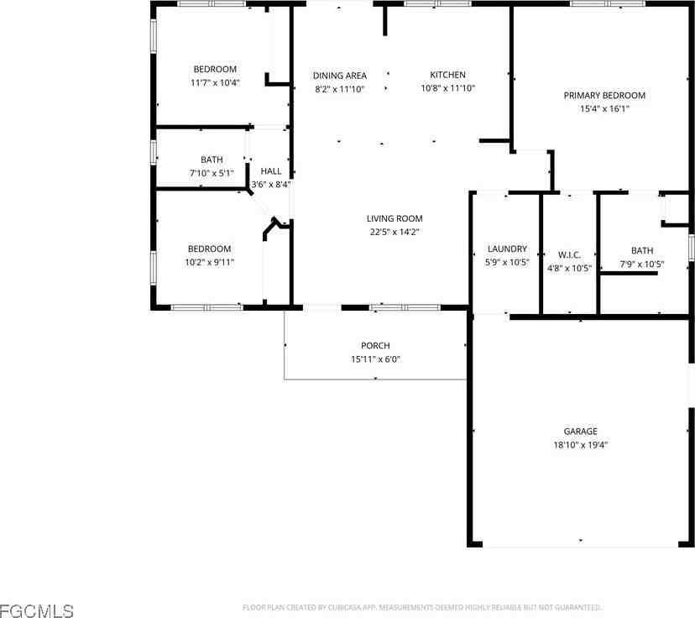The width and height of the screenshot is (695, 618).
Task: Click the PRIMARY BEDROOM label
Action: [604, 96]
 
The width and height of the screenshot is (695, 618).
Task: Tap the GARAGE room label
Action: [580, 432]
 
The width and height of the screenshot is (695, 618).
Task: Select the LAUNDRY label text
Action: [507, 249]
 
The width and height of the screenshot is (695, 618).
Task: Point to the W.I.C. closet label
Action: [569, 254]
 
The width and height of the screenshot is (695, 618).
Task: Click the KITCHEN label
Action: [447, 76]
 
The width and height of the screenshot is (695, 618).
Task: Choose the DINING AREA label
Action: [339, 76]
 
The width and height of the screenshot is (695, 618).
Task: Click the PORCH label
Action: [375, 346]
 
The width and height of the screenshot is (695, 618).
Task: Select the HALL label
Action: [271, 171]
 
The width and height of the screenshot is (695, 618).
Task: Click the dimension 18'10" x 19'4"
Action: [580, 446]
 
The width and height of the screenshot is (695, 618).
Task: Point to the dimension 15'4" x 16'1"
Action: [604, 109]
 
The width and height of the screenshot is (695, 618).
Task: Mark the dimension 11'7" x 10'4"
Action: [215, 82]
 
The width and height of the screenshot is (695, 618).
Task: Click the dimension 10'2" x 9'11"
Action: [209, 262]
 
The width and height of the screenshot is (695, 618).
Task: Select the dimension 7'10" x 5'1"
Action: [212, 173]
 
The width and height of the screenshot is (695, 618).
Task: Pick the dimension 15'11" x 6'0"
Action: [375, 359]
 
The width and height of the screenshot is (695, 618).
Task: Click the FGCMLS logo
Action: [37, 610]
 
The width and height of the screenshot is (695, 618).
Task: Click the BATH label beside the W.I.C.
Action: [642, 251]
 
